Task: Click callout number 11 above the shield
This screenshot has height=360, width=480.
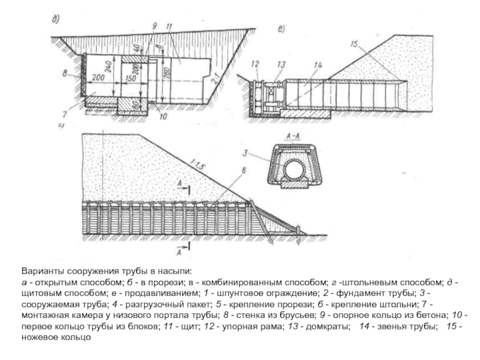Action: tap(170, 26)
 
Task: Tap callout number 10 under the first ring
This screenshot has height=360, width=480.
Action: tap(162, 117)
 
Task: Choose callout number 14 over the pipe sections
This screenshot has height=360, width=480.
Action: tap(317, 64)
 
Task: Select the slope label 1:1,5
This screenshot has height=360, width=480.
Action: tap(196, 161)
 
